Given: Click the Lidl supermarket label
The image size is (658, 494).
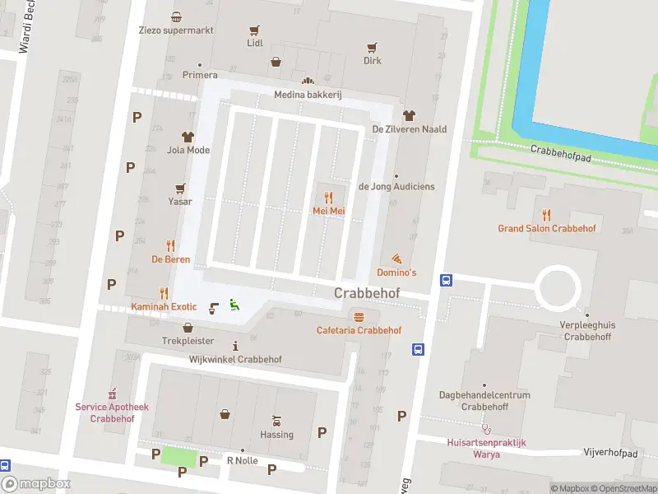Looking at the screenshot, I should [x=255, y=43].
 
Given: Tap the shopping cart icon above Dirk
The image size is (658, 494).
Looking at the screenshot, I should [x=373, y=47].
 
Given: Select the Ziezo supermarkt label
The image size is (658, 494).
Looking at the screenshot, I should [x=176, y=29].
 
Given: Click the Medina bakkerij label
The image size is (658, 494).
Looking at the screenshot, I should [x=308, y=95].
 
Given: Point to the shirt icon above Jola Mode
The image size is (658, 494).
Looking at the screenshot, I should [x=188, y=137].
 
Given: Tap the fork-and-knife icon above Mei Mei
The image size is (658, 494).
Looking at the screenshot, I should [x=328, y=198].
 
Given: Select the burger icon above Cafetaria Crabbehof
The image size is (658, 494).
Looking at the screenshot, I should [x=359, y=317].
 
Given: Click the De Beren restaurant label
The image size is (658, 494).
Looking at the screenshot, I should [x=171, y=259].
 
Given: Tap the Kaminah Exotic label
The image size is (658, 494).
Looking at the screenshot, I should [x=164, y=307].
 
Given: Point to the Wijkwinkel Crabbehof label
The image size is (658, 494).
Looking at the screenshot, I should [x=235, y=360].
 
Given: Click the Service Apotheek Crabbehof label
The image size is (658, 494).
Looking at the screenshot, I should [x=112, y=412].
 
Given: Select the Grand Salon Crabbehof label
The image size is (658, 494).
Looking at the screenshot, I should [x=546, y=228].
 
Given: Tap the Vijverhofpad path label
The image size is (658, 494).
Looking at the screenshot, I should [x=610, y=454].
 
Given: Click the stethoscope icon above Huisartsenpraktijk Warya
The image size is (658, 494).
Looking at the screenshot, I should [x=487, y=428].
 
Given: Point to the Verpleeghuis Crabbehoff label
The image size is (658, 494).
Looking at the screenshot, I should [x=588, y=330].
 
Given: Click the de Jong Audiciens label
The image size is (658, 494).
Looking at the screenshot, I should [x=396, y=187].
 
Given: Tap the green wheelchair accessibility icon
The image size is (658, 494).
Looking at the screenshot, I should [x=234, y=305].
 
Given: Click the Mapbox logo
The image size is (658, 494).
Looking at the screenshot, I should [x=35, y=484].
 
